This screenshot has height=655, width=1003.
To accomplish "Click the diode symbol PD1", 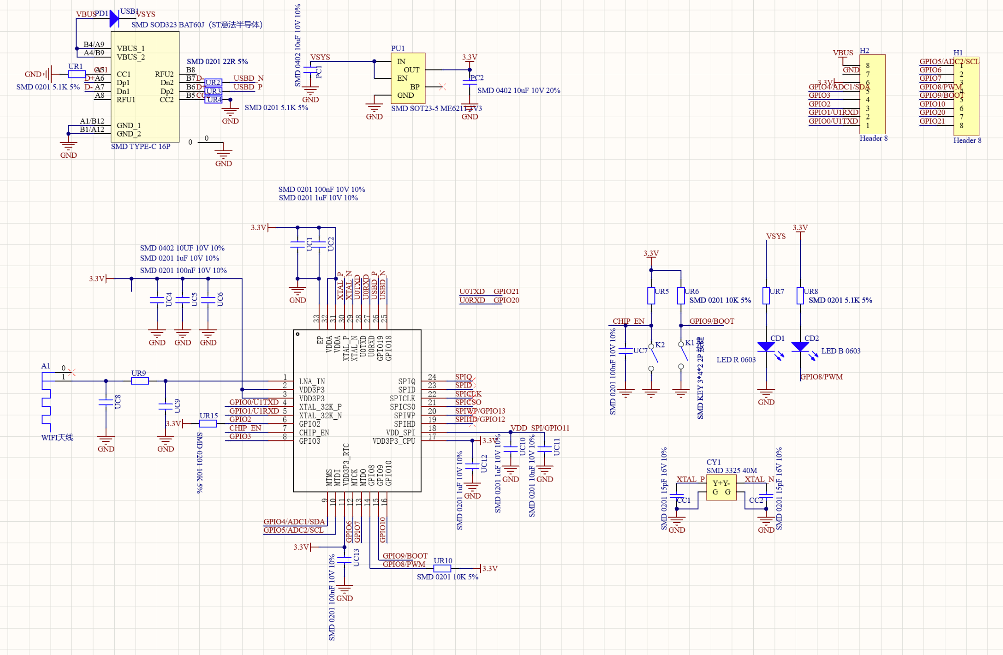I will [x=114, y=19].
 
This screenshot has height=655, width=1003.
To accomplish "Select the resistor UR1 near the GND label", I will [x=76, y=74].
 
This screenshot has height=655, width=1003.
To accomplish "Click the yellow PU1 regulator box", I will [x=408, y=78].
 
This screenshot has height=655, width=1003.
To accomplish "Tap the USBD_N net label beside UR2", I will [x=248, y=78].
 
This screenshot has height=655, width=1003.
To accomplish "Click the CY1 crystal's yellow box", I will [x=721, y=488].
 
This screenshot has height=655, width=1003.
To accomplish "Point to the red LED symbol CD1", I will [x=766, y=347].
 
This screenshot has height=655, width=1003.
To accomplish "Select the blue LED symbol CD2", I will [x=800, y=347].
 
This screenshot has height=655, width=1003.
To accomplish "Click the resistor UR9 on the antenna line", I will [x=140, y=381].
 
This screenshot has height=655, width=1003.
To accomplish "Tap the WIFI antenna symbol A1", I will [x=46, y=402].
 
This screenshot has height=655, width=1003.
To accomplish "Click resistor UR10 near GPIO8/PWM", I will [x=442, y=569].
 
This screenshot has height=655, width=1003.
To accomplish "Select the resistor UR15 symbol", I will [x=208, y=424].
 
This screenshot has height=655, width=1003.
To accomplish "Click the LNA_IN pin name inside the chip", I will [x=312, y=381].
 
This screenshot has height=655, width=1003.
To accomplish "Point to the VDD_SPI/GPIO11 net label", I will [x=540, y=428].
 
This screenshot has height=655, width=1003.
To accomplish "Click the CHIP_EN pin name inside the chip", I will [x=314, y=432].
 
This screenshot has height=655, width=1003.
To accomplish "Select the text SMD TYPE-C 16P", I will [x=141, y=147].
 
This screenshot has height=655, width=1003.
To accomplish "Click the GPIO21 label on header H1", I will [x=932, y=121].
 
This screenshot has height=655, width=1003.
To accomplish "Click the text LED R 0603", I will [x=736, y=360].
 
